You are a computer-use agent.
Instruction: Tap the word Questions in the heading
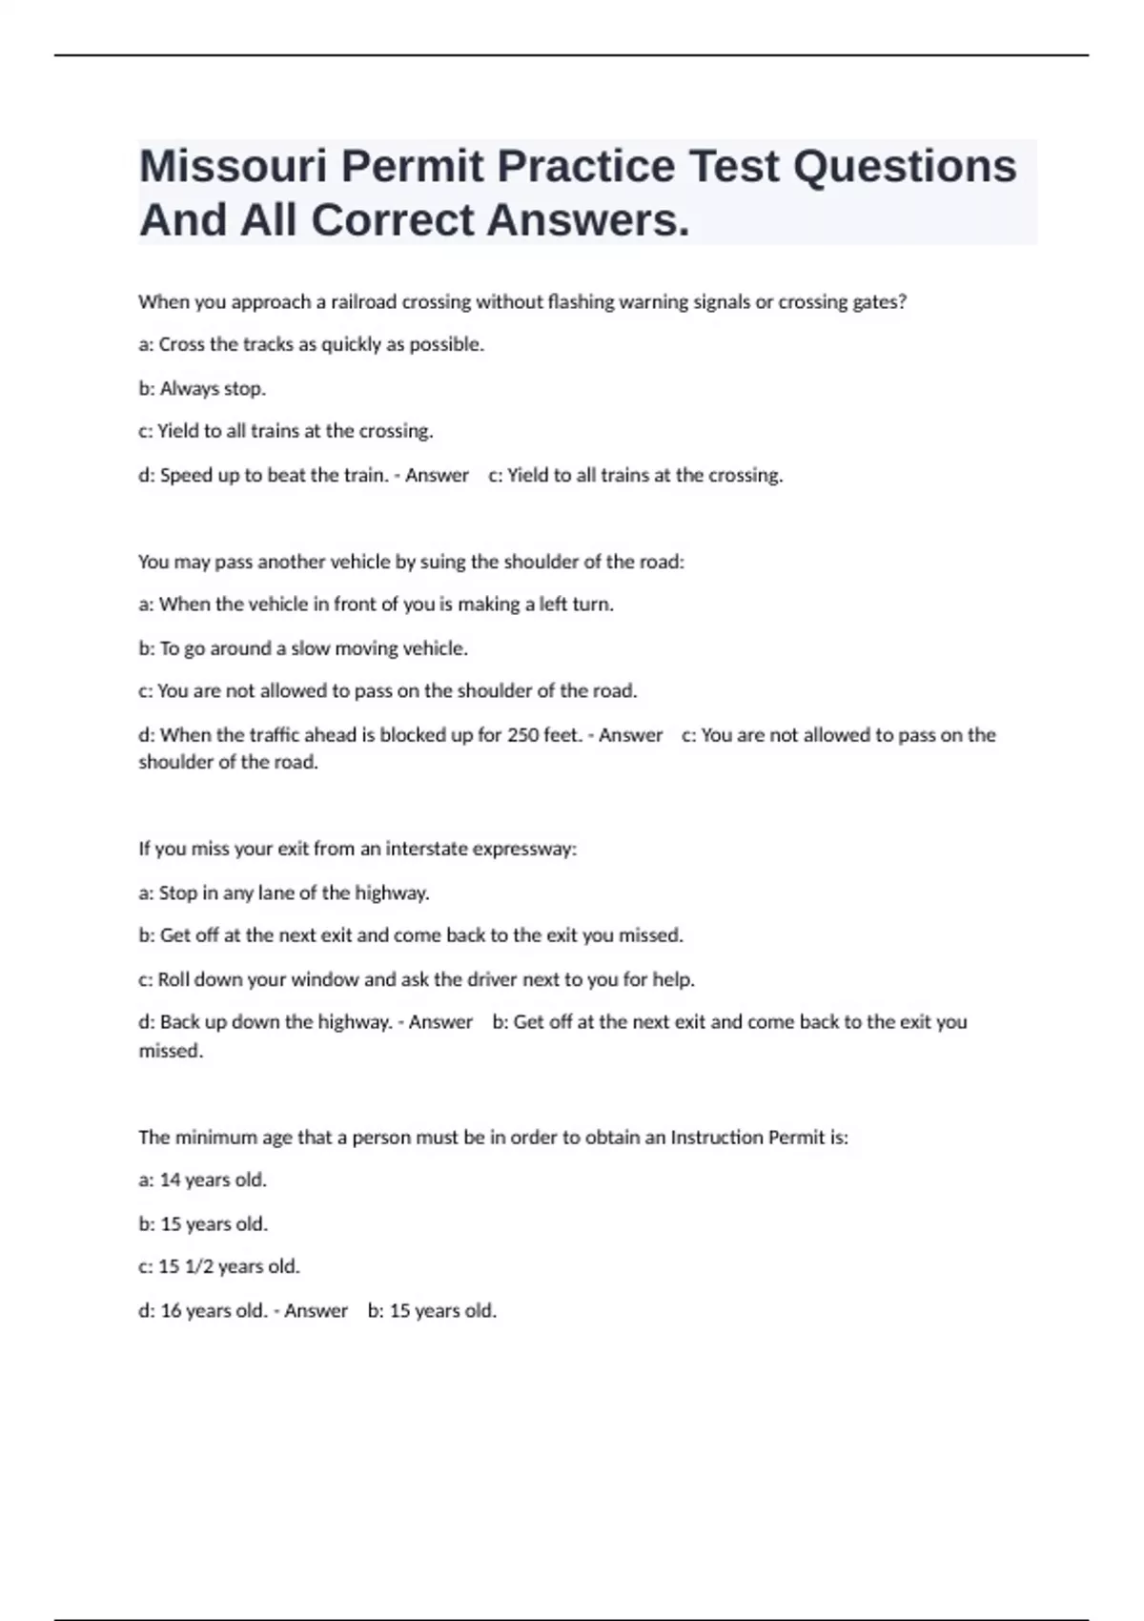[904, 167]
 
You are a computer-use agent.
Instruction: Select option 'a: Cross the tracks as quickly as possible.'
[311, 345]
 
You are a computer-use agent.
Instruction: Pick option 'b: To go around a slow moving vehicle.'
[303, 648]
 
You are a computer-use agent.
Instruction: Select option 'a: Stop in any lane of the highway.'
[284, 893]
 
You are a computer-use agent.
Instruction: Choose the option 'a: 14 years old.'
[202, 1180]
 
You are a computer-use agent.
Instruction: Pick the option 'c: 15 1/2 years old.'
[219, 1267]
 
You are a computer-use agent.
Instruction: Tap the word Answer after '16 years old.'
[316, 1311]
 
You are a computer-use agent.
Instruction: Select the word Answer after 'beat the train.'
[437, 475]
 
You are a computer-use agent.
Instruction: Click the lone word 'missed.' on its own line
[171, 1051]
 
